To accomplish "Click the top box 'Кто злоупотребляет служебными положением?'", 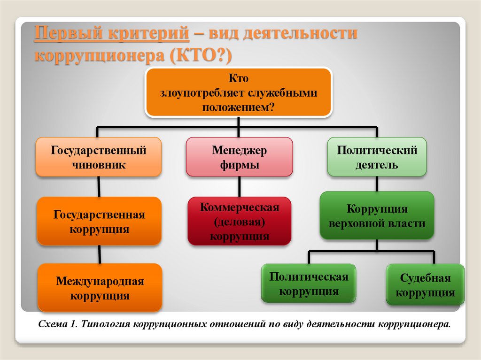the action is tap(239, 92).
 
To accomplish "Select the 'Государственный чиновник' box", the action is tap(99, 157).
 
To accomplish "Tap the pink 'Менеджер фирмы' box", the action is tap(239, 157).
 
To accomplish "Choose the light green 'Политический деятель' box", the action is tap(377, 157).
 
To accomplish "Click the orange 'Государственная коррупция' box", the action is tap(99, 222).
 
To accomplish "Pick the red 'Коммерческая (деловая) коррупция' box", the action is tap(239, 222).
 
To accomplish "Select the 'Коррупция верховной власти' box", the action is tap(377, 215).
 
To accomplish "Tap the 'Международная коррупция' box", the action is tap(99, 288).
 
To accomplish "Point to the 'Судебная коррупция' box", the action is tap(425, 285).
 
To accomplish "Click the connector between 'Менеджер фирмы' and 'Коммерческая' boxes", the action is tap(239, 186).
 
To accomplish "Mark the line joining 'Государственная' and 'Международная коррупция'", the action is tap(99, 254).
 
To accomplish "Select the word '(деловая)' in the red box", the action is tap(239, 222).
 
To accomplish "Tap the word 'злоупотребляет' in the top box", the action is tap(200, 93).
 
